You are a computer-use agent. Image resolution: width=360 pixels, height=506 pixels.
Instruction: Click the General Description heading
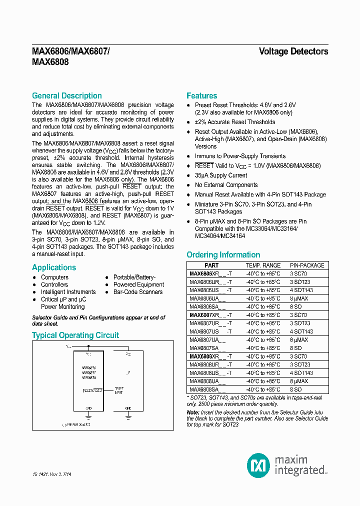66,95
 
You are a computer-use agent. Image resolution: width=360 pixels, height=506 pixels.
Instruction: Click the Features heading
201,95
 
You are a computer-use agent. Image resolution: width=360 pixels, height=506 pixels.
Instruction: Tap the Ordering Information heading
223,254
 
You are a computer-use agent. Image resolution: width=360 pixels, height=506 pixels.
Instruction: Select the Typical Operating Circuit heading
75,335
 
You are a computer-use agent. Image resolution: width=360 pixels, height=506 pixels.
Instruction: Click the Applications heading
54,267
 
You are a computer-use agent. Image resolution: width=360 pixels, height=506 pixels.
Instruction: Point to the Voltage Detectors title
293,51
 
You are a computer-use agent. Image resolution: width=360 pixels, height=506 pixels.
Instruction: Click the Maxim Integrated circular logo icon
258,465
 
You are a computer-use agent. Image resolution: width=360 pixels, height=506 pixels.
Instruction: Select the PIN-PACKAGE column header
307,265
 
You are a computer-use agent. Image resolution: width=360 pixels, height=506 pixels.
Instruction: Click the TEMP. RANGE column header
263,265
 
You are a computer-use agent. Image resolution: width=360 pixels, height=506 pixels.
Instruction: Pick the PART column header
211,265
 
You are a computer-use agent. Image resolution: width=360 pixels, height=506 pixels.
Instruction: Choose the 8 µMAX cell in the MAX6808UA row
299,381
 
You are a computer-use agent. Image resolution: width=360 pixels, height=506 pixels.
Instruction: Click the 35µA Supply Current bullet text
220,175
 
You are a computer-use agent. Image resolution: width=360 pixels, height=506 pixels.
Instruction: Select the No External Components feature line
226,185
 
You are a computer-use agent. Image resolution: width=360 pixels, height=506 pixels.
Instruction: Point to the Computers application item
54,277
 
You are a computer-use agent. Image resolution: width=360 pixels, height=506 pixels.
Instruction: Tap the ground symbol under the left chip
88,415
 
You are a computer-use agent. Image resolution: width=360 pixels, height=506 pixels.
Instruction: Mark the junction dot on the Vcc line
88,345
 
